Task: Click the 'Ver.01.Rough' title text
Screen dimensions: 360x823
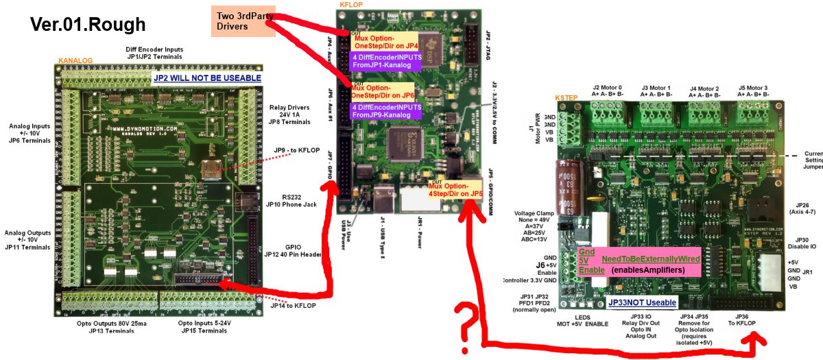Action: point(88,25)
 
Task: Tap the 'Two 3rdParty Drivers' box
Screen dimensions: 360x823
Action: point(242,19)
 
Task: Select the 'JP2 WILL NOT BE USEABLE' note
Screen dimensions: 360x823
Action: point(206,78)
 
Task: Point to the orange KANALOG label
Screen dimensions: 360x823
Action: point(75,60)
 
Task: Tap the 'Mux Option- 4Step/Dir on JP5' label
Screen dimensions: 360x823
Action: point(455,190)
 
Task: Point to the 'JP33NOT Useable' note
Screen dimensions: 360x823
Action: point(642,302)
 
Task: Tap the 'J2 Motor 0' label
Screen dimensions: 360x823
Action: point(608,91)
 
